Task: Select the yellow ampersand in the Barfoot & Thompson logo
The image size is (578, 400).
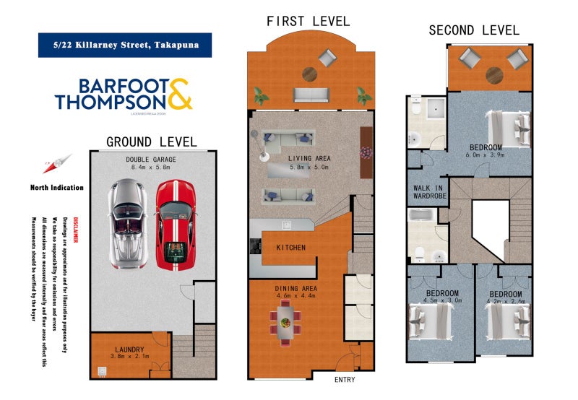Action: click(x=180, y=95)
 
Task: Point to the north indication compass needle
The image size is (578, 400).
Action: click(x=64, y=163)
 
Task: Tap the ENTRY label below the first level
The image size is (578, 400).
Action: click(x=344, y=381)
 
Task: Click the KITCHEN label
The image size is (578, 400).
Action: click(x=290, y=248)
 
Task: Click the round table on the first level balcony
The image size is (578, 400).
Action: click(x=310, y=74)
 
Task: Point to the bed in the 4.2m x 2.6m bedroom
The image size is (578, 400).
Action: click(x=505, y=318)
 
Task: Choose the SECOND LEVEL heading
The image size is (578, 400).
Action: click(x=473, y=30)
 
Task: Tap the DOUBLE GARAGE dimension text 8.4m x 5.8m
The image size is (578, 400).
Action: click(x=151, y=168)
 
